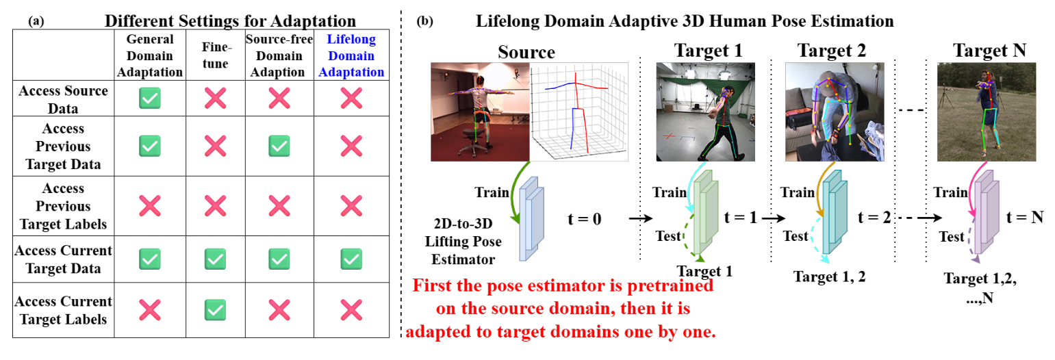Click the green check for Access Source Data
[x=150, y=99]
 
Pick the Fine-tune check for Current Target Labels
[x=215, y=309]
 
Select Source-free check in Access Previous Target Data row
[x=279, y=145]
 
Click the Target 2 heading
[x=831, y=50]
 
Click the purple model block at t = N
[x=987, y=209]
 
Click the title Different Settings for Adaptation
[x=223, y=22]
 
